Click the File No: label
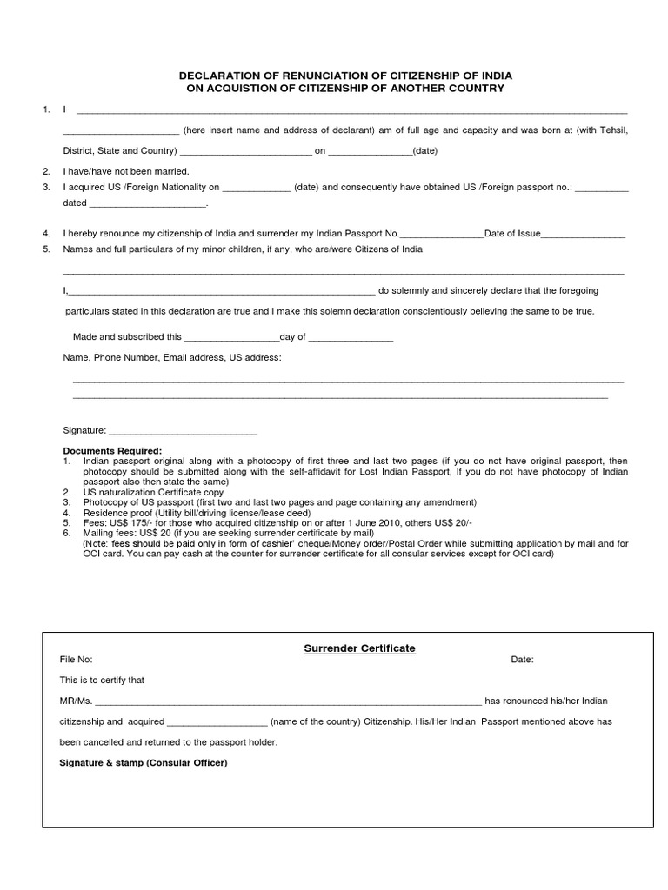(76, 660)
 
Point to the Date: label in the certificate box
(522, 660)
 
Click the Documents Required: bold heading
(112, 451)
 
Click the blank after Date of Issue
(583, 235)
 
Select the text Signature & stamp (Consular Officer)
(143, 762)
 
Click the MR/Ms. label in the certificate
(76, 701)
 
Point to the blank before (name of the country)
(217, 721)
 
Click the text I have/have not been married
(126, 171)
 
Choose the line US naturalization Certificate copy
(153, 492)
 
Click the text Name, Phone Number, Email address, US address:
(172, 357)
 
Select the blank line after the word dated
(148, 203)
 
